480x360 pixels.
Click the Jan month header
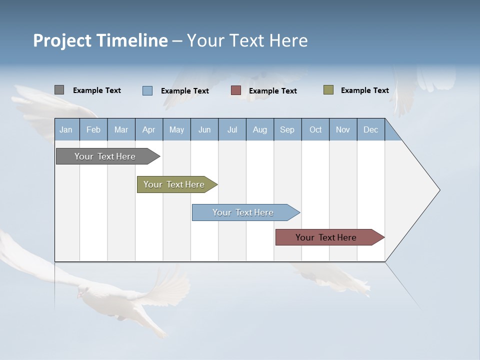point(66,129)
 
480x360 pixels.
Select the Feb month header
point(93,129)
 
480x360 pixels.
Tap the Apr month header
point(149,129)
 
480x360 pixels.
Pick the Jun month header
point(204,129)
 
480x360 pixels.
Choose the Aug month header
point(260,129)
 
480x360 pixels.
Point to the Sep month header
point(287,129)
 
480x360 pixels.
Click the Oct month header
point(315,129)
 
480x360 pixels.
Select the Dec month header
point(371,129)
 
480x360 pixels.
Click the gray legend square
point(59,90)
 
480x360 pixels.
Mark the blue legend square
point(147,90)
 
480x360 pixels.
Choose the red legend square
point(236,90)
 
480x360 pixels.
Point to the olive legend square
point(328,90)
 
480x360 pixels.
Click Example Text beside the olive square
point(364,90)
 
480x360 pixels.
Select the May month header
point(176,129)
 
